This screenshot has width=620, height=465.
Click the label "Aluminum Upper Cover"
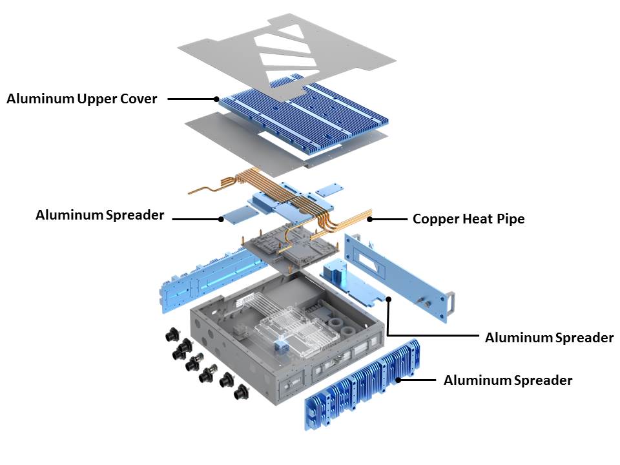[81, 99]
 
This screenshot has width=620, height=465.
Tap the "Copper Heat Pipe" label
[468, 219]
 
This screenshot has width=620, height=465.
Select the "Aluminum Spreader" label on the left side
[100, 215]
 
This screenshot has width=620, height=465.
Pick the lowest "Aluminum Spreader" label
[508, 380]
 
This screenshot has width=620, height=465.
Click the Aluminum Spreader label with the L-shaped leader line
[549, 337]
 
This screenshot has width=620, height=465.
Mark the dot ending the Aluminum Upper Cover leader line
[216, 99]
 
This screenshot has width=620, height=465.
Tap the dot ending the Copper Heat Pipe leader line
[370, 219]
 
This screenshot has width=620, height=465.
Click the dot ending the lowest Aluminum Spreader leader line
[398, 380]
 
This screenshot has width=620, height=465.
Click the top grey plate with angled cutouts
[284, 58]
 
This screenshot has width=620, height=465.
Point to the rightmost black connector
[243, 391]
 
